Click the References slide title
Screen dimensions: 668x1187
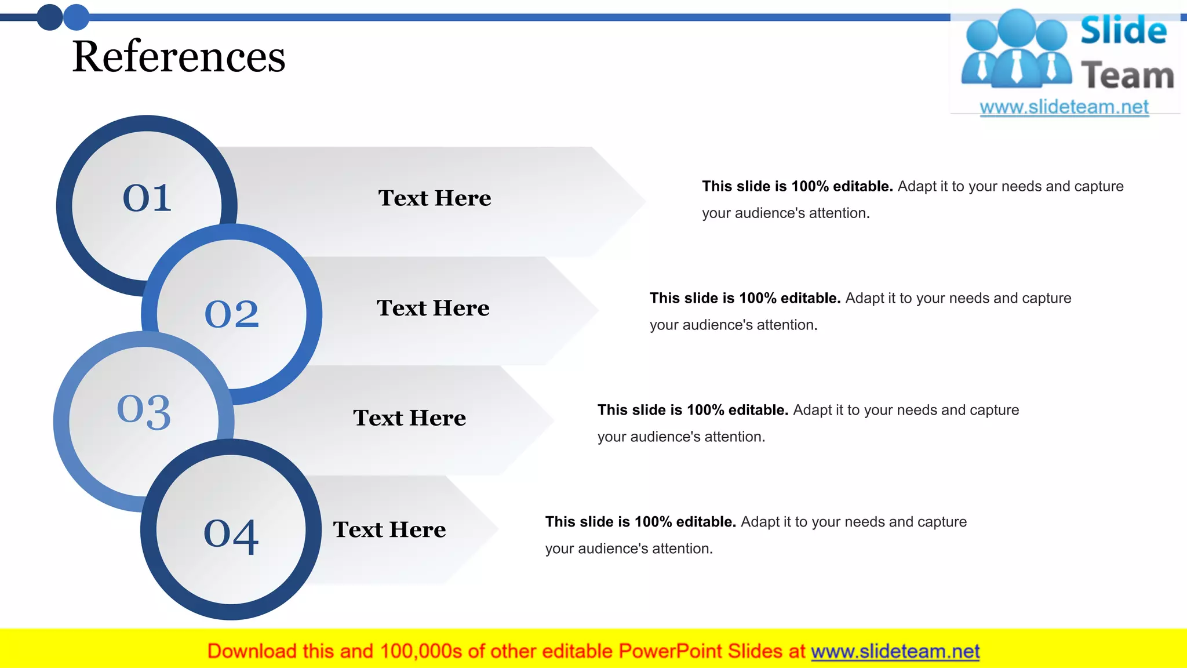pyautogui.click(x=179, y=57)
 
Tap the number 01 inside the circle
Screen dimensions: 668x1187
pyautogui.click(x=147, y=198)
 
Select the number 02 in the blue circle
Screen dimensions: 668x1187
pyautogui.click(x=232, y=314)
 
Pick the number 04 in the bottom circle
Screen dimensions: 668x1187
pyautogui.click(x=231, y=535)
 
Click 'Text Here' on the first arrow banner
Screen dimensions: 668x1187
pyautogui.click(x=435, y=198)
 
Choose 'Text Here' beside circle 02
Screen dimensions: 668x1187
pyautogui.click(x=433, y=308)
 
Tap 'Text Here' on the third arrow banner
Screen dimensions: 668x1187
pyautogui.click(x=409, y=418)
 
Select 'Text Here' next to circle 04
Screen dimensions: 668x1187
pyautogui.click(x=389, y=529)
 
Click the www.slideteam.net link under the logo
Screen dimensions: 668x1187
pyautogui.click(x=1064, y=107)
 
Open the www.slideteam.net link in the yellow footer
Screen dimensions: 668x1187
pyautogui.click(x=895, y=651)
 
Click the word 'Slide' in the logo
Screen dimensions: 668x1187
pyautogui.click(x=1123, y=30)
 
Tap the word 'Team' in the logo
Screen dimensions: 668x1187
pyautogui.click(x=1127, y=76)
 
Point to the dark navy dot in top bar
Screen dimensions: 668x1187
pyautogui.click(x=50, y=17)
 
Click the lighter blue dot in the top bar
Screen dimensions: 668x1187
pyautogui.click(x=76, y=17)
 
